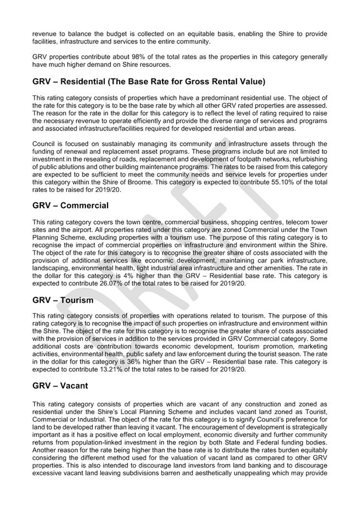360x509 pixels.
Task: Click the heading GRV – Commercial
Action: point(71,206)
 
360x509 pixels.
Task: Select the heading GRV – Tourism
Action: point(63,301)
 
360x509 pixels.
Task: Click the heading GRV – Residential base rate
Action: point(149,82)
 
